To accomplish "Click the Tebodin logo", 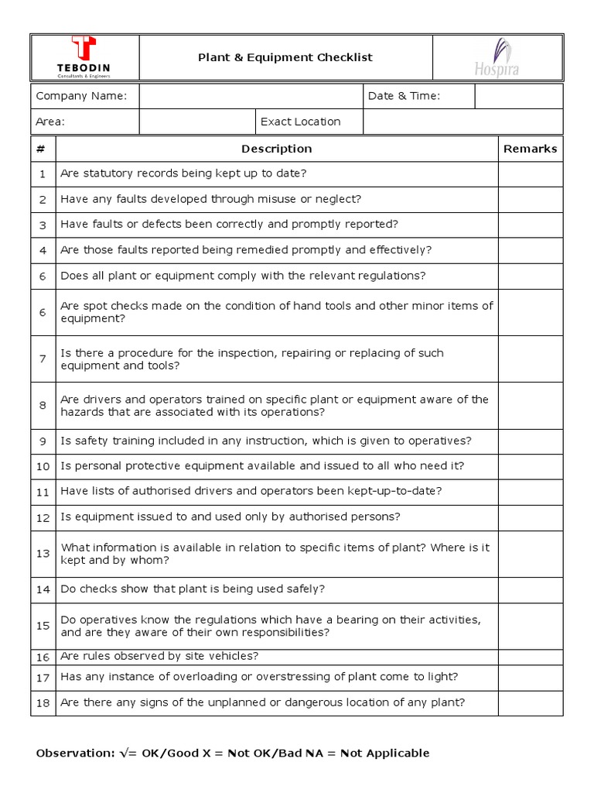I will [x=84, y=57].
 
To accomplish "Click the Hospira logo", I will [x=497, y=57].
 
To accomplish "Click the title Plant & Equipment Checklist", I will [x=285, y=57].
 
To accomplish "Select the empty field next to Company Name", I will [x=251, y=96].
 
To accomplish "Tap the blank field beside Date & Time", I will [x=518, y=96].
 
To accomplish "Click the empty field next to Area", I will [x=197, y=122].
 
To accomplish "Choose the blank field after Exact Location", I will [x=463, y=122].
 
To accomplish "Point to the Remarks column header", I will [x=530, y=149].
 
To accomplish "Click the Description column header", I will [x=276, y=149].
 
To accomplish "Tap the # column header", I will [x=43, y=149].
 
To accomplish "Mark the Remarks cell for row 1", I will [x=530, y=174].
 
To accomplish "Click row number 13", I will [x=43, y=554].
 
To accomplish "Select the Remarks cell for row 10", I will [x=530, y=466].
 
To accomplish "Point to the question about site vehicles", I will [x=159, y=657].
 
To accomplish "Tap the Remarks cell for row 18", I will [x=530, y=703].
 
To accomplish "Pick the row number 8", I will [x=43, y=406].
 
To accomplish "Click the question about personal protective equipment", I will [x=262, y=466].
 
